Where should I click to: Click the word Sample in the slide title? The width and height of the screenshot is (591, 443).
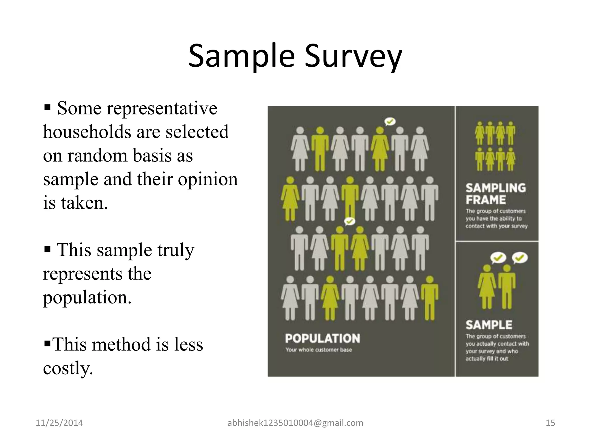tap(241, 56)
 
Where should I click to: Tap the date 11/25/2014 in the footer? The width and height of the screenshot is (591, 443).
tap(59, 423)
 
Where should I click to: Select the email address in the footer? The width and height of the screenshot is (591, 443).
tap(295, 423)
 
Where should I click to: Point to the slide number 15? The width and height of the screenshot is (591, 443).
tap(550, 423)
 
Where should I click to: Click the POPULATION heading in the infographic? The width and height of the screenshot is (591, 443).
tap(322, 338)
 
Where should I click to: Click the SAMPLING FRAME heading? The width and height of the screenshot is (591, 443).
tap(495, 194)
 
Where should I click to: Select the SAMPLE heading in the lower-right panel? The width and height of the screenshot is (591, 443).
tap(489, 325)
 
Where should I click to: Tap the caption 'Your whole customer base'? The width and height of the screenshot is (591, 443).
tap(319, 350)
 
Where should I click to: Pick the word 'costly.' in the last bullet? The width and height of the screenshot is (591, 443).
tap(68, 368)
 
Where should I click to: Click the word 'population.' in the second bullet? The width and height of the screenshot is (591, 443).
tap(87, 297)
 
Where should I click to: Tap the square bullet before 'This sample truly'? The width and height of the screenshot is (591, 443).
tap(48, 249)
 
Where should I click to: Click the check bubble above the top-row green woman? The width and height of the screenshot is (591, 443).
tap(390, 121)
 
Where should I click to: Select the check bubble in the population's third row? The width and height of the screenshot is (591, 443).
tap(350, 221)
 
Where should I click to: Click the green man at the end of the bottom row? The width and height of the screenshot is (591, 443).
tap(429, 299)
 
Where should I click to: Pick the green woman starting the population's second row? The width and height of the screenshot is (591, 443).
tap(290, 199)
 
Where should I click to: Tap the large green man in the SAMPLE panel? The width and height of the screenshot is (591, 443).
tap(506, 287)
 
